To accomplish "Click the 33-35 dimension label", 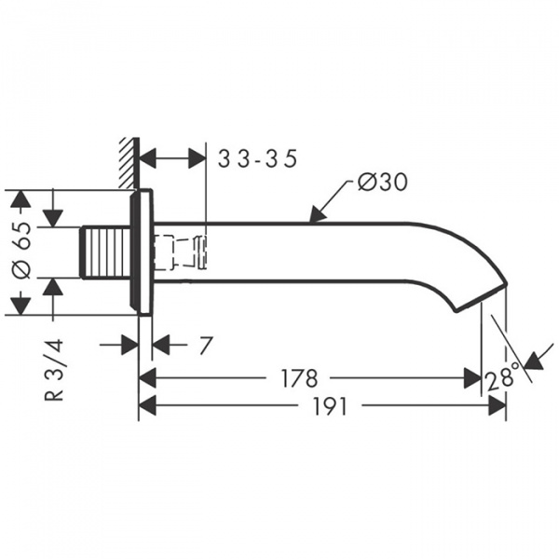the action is click(257, 158).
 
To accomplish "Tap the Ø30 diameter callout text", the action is click(382, 183).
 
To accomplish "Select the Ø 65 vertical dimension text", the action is click(21, 251).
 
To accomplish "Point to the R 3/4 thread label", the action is click(54, 370).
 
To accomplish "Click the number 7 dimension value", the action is click(206, 345).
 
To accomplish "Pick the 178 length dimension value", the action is click(299, 378).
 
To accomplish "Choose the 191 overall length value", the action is click(330, 406).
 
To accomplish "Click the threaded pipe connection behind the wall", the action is click(105, 252).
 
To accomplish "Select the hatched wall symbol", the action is click(129, 163).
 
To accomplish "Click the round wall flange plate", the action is click(142, 252).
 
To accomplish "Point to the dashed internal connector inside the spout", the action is click(179, 252).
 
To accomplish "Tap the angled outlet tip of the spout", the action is click(482, 296).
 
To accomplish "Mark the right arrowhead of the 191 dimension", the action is click(497, 405).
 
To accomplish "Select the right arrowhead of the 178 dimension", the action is click(472, 378).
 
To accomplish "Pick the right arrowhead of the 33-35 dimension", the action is click(198, 158).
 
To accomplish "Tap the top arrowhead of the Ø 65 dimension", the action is click(21, 198).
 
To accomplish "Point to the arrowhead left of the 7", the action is click(130, 345).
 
